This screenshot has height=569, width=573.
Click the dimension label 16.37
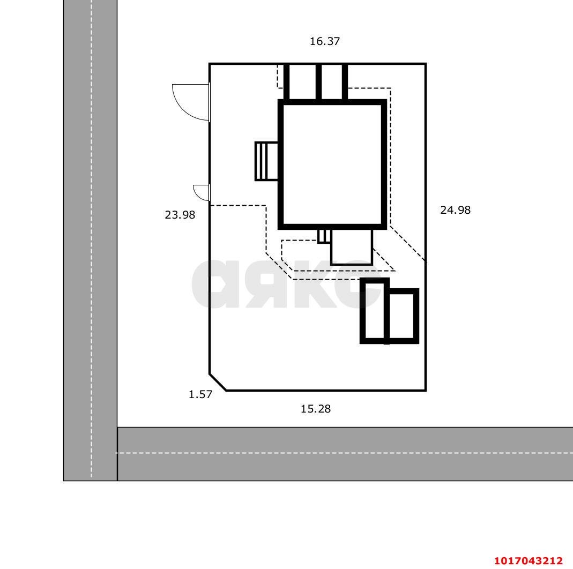coord(324,41)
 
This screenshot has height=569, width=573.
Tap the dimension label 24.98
coord(455,210)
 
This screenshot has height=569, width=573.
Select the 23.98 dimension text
coord(180,215)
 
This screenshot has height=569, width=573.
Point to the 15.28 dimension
coord(315,409)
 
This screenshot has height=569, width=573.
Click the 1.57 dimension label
coord(200,394)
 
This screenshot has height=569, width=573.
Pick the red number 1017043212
coord(529,560)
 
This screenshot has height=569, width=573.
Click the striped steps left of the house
coord(266,161)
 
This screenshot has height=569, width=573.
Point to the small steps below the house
coord(324,236)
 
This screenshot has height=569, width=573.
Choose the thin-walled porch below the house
coord(351,247)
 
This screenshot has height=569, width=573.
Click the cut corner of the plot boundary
coord(218,383)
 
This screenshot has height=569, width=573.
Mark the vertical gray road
coord(90,241)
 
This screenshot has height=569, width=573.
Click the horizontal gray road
coord(345,454)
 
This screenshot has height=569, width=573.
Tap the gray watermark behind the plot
coord(286,284)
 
